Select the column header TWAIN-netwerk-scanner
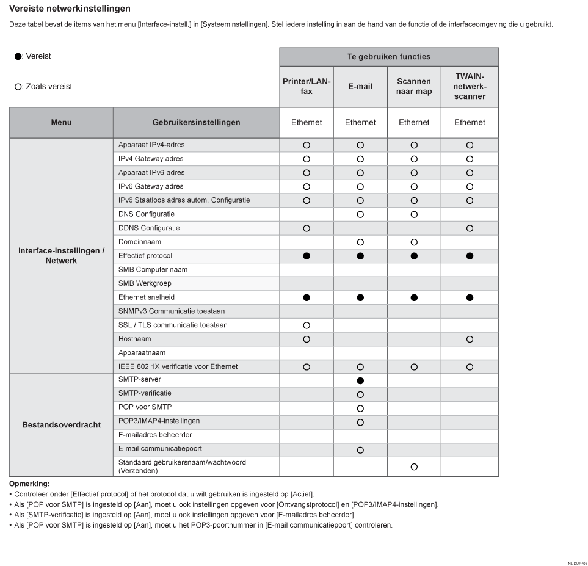(x=470, y=87)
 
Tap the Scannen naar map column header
(x=414, y=87)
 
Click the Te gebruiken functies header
(x=389, y=57)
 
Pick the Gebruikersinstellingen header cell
(x=196, y=122)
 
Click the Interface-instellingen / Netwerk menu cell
(x=61, y=256)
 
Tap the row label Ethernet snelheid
(x=147, y=297)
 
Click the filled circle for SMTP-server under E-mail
(x=360, y=380)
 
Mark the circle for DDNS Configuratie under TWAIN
(x=470, y=228)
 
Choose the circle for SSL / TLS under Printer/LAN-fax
(x=307, y=325)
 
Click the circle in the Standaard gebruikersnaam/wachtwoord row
(x=414, y=466)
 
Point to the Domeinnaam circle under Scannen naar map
(x=414, y=242)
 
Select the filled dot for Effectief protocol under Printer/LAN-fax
(x=307, y=256)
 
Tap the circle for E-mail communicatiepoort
(x=360, y=450)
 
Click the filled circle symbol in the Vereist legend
(x=18, y=57)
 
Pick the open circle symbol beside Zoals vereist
(x=18, y=87)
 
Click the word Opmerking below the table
(x=29, y=484)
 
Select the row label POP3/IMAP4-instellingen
(x=159, y=421)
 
